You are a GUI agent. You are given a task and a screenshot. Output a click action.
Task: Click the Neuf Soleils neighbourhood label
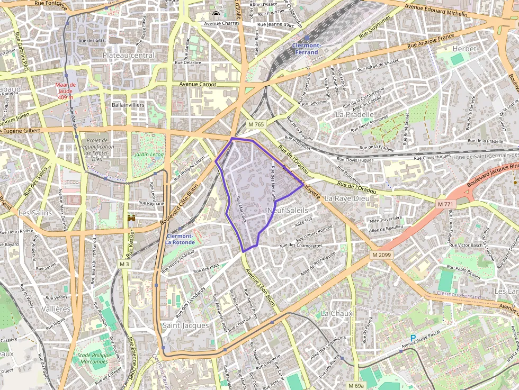(x=288, y=210)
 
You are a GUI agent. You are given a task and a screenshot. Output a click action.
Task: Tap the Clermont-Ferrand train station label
(x=306, y=49)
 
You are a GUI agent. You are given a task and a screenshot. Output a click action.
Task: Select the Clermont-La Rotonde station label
(x=180, y=239)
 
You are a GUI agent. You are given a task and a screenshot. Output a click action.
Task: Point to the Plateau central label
(x=129, y=55)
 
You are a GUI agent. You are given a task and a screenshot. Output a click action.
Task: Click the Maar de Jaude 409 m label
(x=66, y=91)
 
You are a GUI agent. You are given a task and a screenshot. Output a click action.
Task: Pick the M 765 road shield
(x=256, y=124)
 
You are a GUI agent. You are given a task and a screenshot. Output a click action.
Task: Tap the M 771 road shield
(x=446, y=204)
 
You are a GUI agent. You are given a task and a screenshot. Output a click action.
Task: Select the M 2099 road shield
(x=381, y=255)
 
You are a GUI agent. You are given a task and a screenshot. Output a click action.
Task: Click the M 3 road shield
(x=124, y=264)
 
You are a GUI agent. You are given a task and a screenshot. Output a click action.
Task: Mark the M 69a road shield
(x=356, y=385)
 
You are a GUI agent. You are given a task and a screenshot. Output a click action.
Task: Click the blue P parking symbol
(x=413, y=338)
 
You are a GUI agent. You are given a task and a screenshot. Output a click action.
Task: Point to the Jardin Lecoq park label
(x=149, y=155)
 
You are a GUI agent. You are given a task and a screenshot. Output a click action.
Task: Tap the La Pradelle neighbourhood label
(x=355, y=114)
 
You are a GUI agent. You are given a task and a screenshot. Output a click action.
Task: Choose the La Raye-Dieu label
(x=346, y=198)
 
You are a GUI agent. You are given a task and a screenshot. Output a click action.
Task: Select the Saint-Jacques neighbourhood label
(x=185, y=325)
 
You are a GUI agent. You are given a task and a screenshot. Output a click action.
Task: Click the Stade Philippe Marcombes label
(x=92, y=358)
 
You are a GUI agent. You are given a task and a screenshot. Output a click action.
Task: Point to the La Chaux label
(x=337, y=313)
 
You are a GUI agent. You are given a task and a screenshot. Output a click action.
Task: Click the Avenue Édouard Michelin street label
(x=436, y=11)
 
